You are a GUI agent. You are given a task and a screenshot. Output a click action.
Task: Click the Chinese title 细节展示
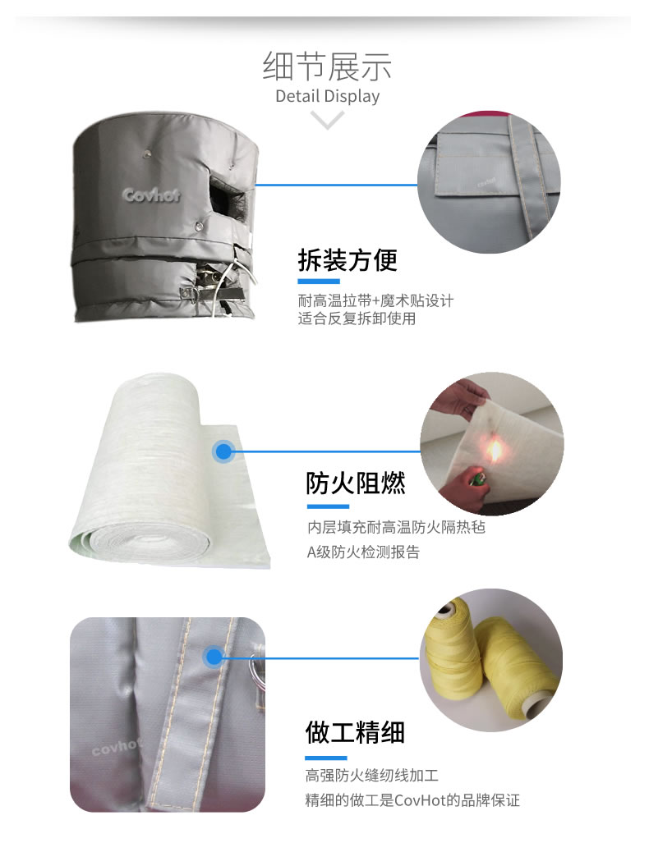click(x=327, y=66)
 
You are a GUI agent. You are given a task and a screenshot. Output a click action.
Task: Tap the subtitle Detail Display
click(x=327, y=96)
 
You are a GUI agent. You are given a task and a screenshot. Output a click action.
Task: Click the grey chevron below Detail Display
click(x=327, y=120)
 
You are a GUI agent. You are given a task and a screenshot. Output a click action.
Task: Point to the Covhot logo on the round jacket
click(x=150, y=195)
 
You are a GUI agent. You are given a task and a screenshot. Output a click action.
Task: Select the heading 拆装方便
click(x=348, y=260)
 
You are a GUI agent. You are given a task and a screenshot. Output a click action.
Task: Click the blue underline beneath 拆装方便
click(x=319, y=282)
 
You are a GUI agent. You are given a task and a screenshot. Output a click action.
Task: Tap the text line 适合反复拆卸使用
click(x=357, y=318)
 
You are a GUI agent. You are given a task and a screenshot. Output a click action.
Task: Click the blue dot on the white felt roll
click(x=223, y=451)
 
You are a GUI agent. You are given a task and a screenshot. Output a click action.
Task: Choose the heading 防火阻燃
click(x=355, y=483)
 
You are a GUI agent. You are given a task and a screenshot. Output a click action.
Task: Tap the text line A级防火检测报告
click(x=363, y=552)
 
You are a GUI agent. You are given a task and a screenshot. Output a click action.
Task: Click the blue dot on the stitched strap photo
click(x=214, y=657)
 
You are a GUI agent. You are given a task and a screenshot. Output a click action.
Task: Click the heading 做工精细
click(x=355, y=732)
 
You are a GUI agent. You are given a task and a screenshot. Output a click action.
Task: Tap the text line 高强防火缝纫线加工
click(x=372, y=775)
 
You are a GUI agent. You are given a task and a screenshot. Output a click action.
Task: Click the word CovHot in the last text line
click(x=420, y=800)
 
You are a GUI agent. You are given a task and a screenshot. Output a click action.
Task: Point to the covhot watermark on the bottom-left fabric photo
click(x=115, y=747)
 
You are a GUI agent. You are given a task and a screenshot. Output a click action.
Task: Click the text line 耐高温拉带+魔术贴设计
click(x=375, y=300)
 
